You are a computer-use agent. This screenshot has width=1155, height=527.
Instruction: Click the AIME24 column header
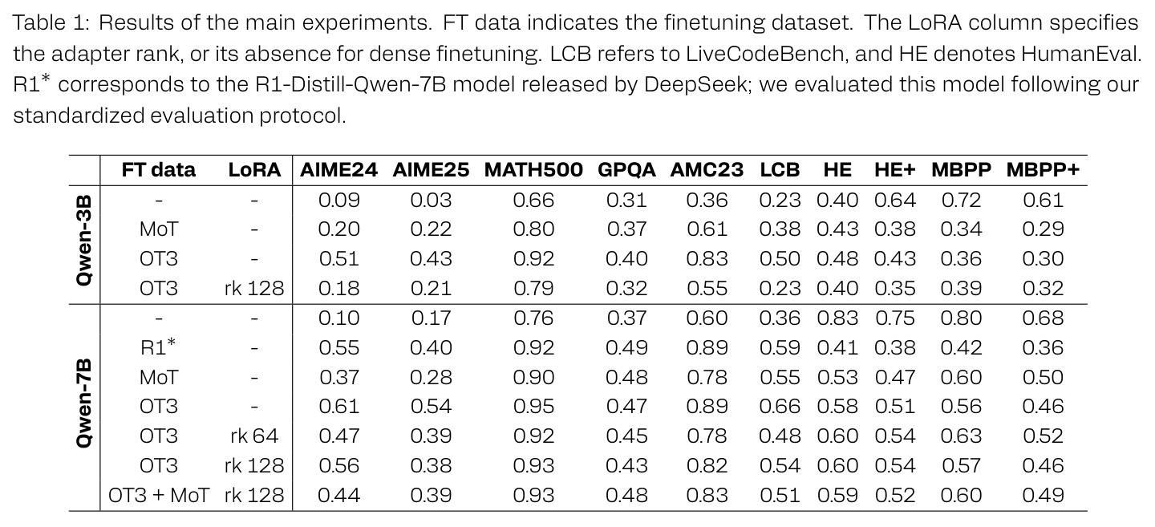338,170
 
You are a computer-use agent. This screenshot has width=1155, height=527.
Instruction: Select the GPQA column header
626,170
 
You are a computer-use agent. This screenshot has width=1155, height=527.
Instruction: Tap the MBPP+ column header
1043,170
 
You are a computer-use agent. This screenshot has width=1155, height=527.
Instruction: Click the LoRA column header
254,170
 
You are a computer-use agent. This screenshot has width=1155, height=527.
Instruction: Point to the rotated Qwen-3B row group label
83,241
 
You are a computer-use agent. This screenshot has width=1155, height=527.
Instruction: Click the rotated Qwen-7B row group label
83,403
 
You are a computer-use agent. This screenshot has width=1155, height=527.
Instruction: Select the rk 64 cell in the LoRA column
254,436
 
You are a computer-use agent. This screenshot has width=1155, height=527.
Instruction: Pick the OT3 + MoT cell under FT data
158,496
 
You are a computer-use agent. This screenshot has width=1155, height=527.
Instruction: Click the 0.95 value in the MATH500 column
533,407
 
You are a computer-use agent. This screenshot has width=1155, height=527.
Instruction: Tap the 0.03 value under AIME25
431,200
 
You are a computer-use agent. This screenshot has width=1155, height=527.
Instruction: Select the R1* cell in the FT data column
158,347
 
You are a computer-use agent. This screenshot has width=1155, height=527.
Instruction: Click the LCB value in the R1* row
780,347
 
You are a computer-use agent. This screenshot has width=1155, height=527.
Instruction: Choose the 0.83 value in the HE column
837,318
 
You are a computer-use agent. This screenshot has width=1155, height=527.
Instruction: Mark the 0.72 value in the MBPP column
961,200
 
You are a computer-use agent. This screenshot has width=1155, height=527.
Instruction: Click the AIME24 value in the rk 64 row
338,436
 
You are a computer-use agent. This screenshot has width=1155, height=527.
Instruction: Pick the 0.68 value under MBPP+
1043,318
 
